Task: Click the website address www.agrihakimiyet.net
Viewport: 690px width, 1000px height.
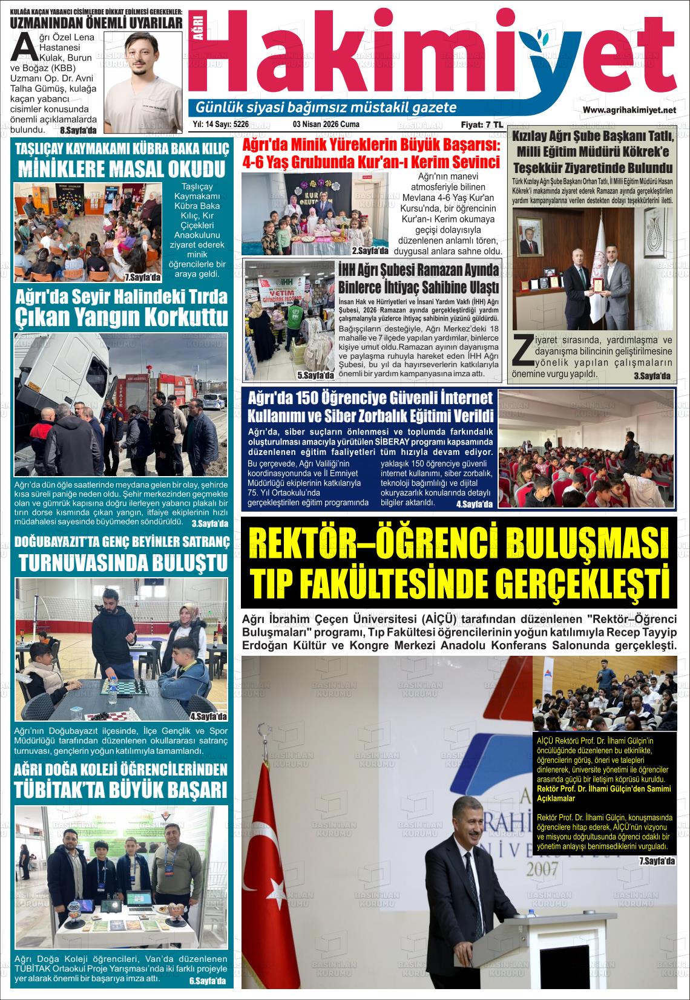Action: [x=629, y=110]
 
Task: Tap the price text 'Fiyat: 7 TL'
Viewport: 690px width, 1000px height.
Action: [x=482, y=125]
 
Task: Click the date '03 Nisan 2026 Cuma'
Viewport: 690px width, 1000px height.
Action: [x=326, y=125]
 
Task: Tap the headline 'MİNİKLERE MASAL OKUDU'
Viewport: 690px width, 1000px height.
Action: [x=122, y=168]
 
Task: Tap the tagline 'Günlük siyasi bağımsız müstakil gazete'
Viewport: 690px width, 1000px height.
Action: [x=326, y=108]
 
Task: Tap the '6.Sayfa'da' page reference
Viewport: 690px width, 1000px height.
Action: [x=207, y=981]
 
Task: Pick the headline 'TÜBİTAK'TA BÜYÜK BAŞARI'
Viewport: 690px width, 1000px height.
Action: [x=121, y=789]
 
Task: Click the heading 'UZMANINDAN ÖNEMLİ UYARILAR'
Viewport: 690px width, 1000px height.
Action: [x=97, y=24]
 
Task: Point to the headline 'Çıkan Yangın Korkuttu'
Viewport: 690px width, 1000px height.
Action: [x=122, y=317]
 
